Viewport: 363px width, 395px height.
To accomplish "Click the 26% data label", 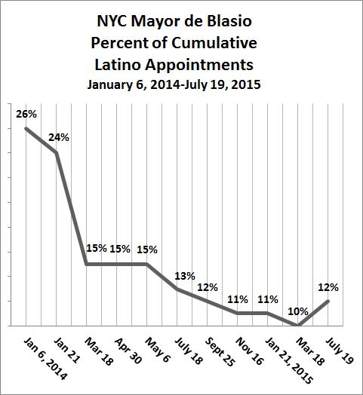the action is point(26,114).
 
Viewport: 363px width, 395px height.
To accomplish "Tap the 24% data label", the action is point(59,137).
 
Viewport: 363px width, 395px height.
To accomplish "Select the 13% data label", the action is point(185,276).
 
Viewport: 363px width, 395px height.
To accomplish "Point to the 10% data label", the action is point(298,312).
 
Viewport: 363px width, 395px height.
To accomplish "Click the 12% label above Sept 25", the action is point(208,287).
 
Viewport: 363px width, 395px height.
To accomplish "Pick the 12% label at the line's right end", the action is point(328,287).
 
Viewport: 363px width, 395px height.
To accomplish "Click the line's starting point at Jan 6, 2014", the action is point(26,128).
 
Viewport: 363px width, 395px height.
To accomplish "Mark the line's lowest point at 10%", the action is point(298,325).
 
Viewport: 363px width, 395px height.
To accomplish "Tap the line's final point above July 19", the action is point(328,301).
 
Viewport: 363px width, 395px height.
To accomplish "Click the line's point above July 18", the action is point(177,289).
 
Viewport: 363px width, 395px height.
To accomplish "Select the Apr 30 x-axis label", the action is point(128,351).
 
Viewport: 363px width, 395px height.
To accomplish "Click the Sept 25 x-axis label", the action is point(220,352).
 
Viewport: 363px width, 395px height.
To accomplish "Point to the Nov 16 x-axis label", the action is point(249,351).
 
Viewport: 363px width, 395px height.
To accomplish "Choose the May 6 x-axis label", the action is point(158,350).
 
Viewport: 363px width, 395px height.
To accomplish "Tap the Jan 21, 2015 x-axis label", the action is point(289,361).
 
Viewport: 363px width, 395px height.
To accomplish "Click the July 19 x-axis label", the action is point(340,351).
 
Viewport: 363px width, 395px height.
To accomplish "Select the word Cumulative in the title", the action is point(214,43).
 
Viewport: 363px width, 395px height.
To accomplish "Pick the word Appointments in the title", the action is point(199,65).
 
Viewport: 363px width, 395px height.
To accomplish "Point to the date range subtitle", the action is point(174,84).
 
